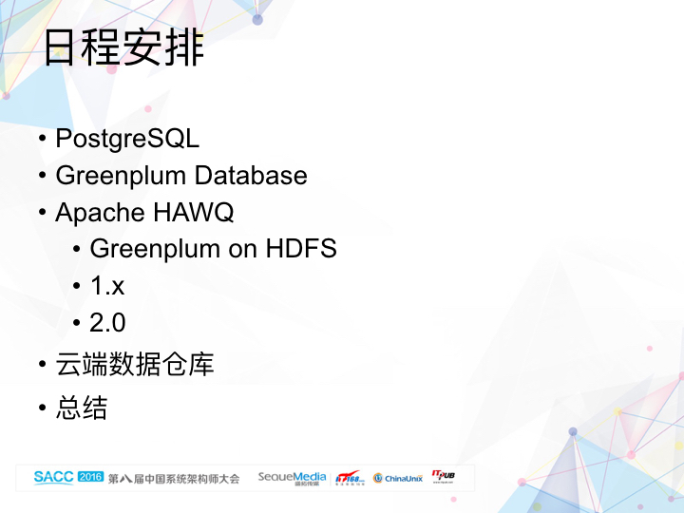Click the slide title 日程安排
tap(123, 47)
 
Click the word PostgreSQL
tap(127, 139)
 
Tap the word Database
tap(251, 176)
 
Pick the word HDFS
tap(301, 249)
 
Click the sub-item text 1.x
tap(107, 286)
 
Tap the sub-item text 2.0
tap(107, 323)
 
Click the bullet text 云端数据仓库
tap(135, 364)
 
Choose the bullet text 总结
tap(82, 408)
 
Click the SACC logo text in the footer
tap(53, 477)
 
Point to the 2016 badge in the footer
tap(90, 477)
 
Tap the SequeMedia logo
tap(292, 477)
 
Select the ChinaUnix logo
tap(398, 478)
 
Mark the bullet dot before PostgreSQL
tap(43, 140)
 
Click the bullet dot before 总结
tap(43, 408)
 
